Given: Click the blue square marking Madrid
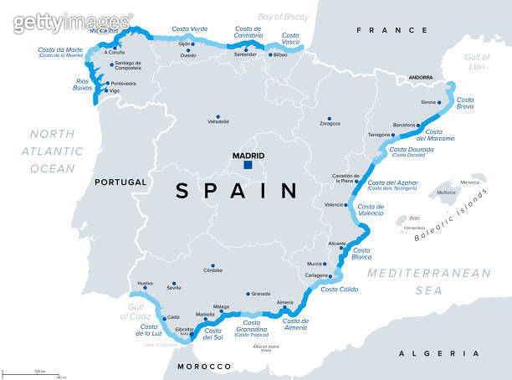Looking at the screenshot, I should (248, 166).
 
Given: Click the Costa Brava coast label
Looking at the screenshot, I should (466, 104).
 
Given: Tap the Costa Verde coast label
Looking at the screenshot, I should (189, 29).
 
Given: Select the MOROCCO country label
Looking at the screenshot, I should (204, 367).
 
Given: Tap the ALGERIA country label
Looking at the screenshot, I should (428, 354).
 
